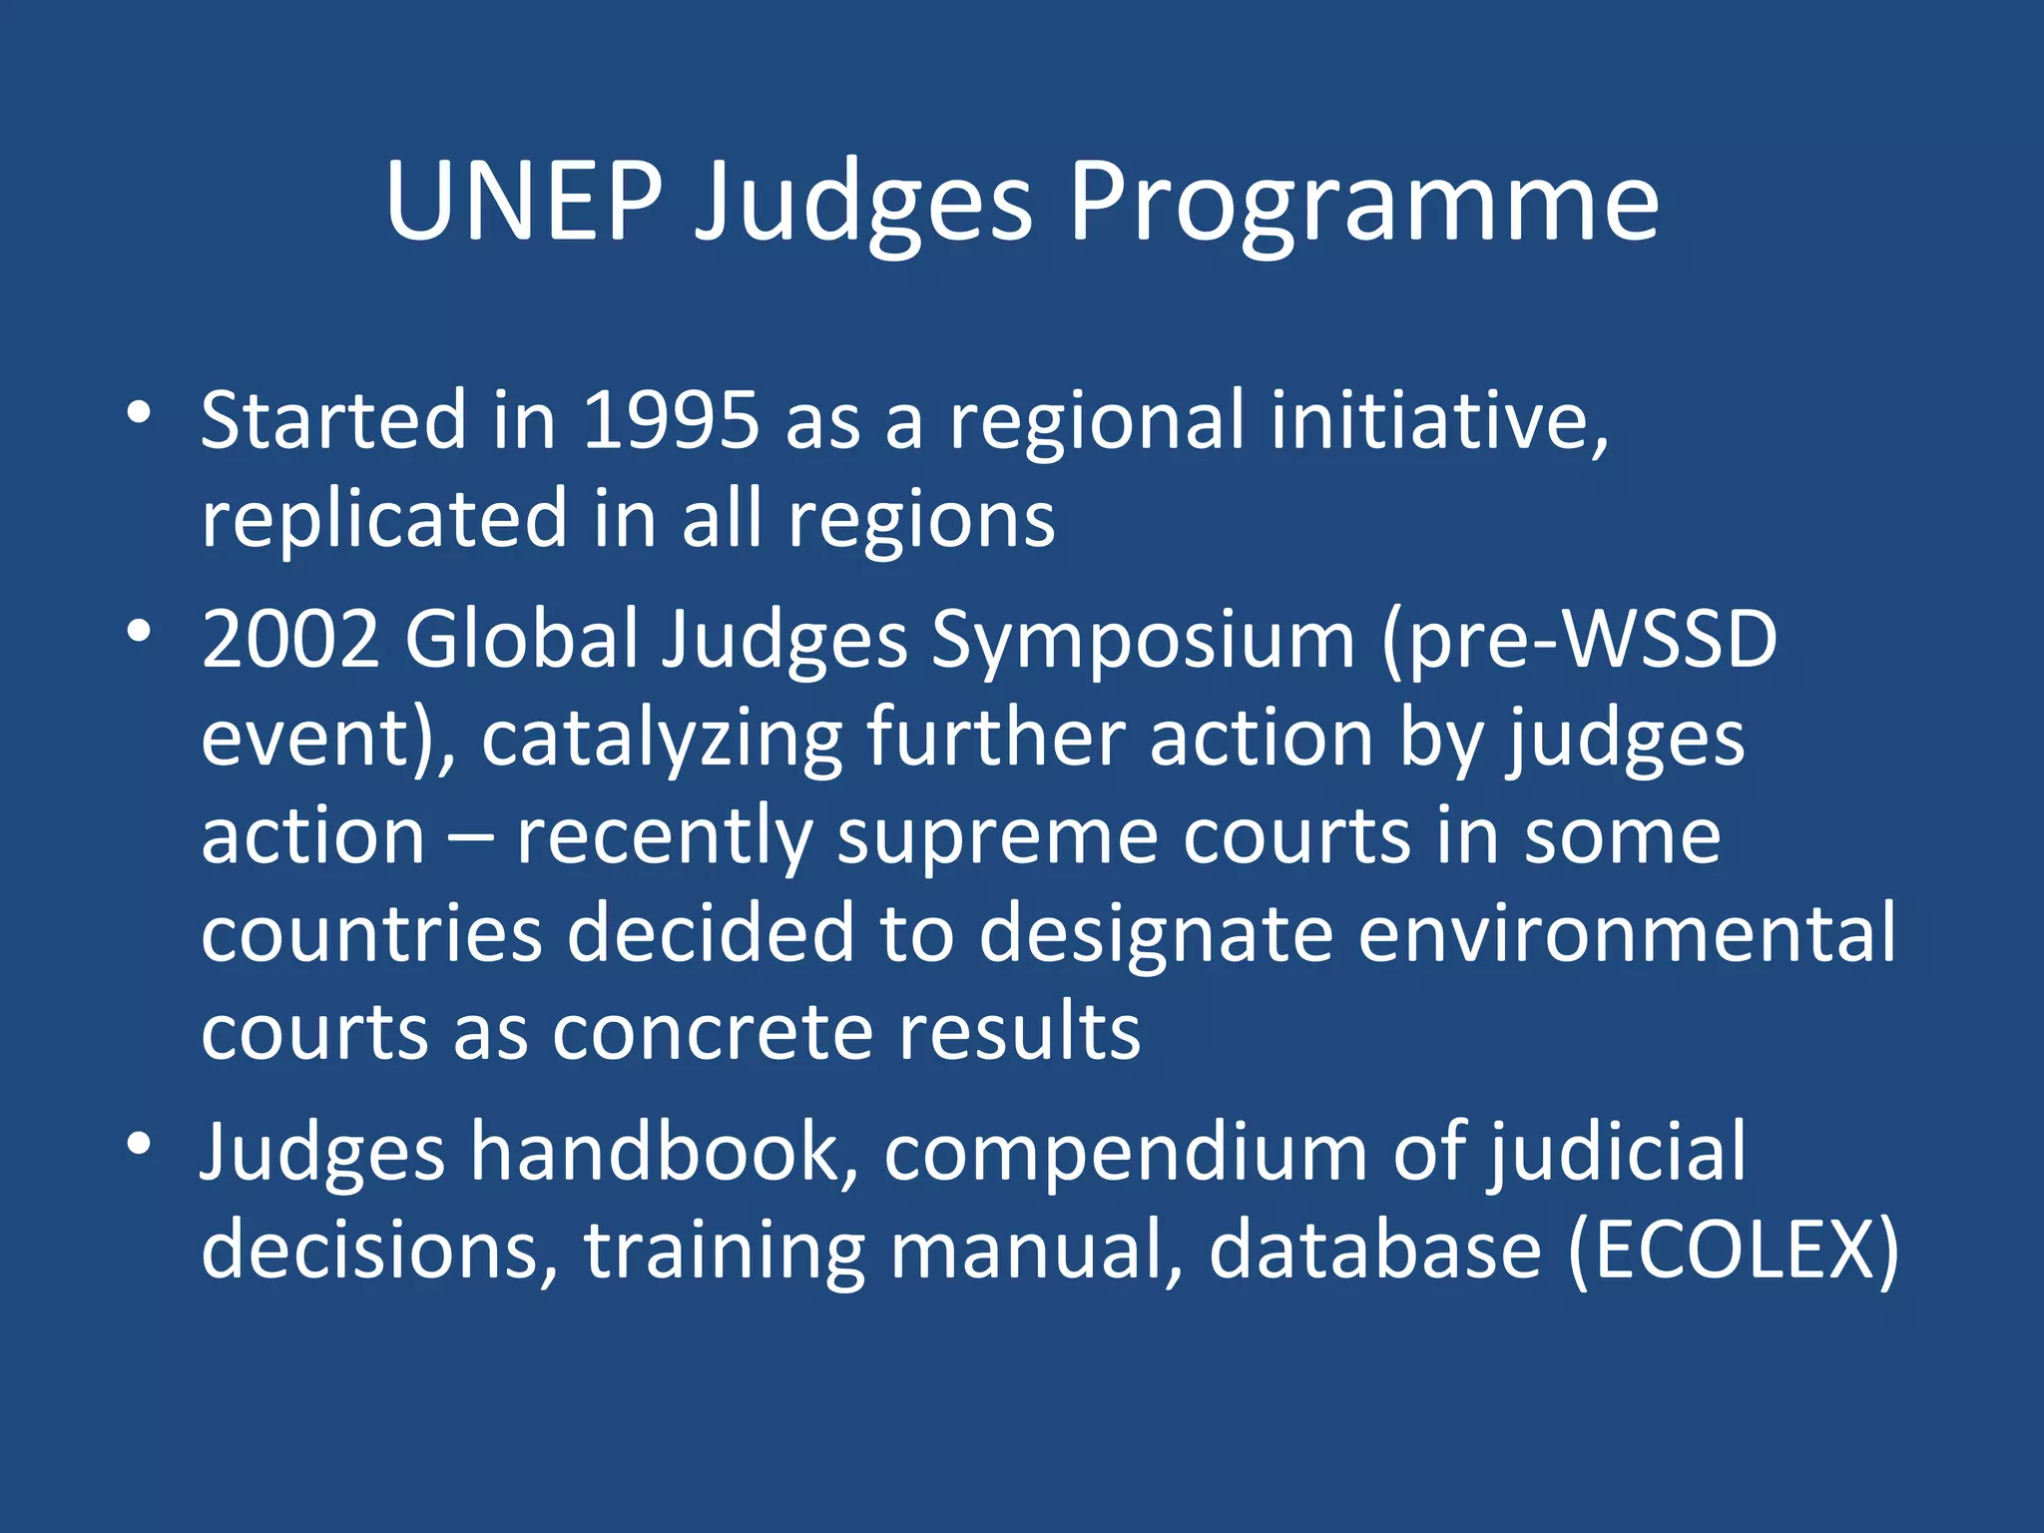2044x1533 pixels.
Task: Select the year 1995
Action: point(671,420)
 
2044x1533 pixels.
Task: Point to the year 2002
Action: point(290,639)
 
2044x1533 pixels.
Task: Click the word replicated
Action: point(384,519)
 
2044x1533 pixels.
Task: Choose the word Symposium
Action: point(1143,639)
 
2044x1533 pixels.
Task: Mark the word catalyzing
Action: point(662,738)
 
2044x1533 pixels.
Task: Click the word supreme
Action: point(997,835)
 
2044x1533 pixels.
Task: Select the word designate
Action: point(1156,933)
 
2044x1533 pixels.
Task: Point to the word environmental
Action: point(1626,933)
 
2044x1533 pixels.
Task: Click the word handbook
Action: point(664,1153)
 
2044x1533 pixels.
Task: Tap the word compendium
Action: point(1125,1153)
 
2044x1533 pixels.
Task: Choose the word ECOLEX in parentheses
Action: point(1733,1251)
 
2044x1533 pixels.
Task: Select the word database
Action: point(1375,1251)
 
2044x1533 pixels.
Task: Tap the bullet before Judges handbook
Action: point(140,1144)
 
